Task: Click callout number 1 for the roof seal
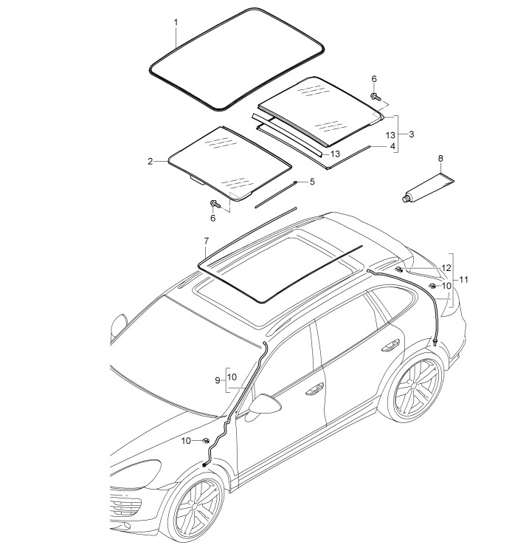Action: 176,23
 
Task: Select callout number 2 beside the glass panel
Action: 151,162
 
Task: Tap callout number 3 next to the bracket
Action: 412,134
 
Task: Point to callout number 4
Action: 393,146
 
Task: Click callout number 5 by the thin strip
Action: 312,182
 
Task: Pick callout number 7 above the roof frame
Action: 207,241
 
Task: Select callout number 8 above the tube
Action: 440,158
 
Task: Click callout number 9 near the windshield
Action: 218,380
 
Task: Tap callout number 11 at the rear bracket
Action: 463,280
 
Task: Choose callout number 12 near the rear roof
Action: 446,268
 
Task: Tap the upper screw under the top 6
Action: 375,96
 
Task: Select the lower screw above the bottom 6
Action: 215,204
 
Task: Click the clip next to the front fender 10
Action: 206,441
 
